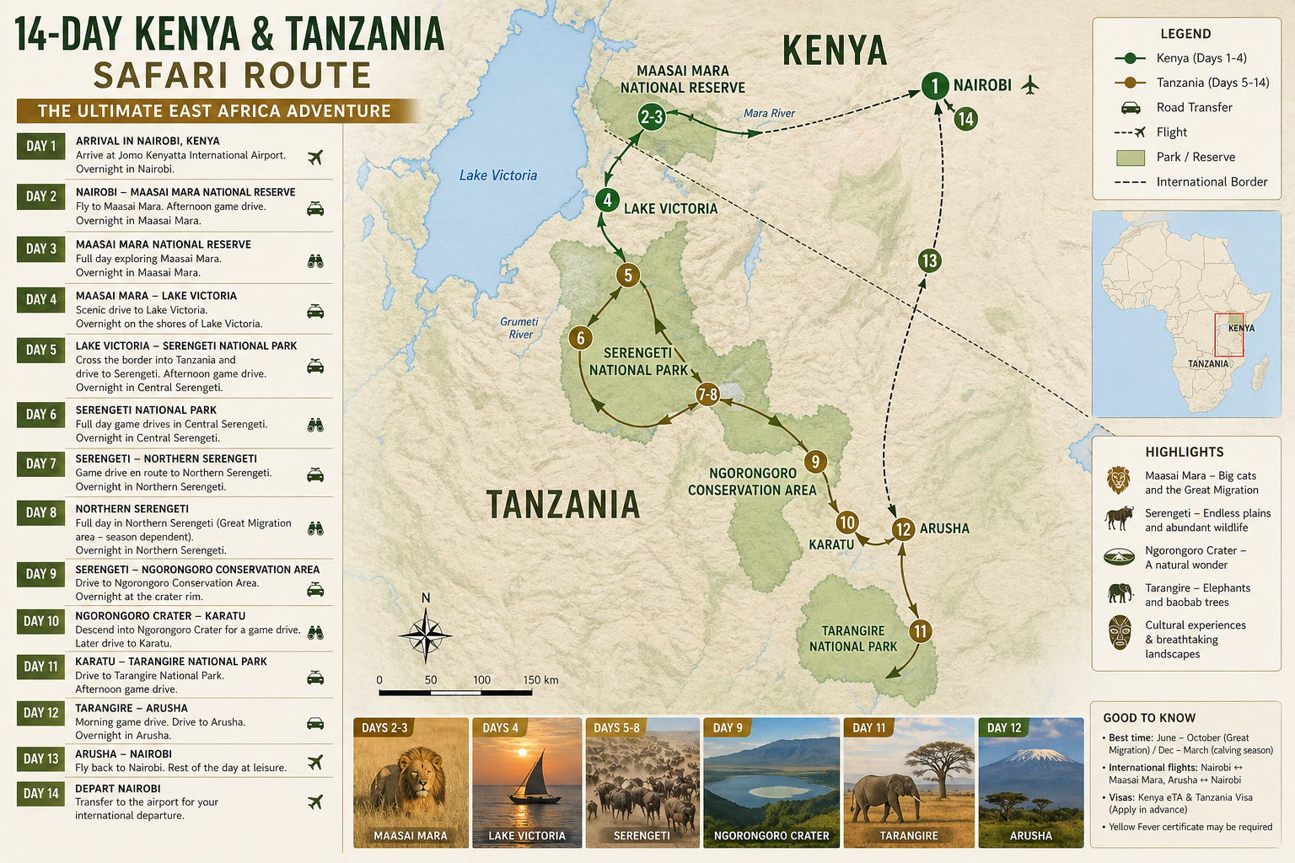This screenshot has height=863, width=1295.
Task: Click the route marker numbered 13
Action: (x=929, y=260)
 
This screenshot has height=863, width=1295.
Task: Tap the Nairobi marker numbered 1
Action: (x=934, y=85)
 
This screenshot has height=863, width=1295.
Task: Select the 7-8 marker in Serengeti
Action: (x=707, y=394)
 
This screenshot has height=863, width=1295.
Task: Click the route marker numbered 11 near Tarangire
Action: (x=920, y=631)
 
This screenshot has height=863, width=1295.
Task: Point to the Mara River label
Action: (x=769, y=114)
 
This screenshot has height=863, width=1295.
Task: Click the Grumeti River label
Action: (x=519, y=328)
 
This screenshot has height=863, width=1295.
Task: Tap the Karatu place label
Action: (x=831, y=545)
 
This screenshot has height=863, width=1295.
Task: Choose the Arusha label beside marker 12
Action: (x=944, y=528)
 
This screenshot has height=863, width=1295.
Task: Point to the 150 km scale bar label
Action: (x=540, y=680)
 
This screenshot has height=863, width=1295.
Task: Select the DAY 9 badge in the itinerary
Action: (x=40, y=574)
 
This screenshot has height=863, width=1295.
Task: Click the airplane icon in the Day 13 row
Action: (x=315, y=762)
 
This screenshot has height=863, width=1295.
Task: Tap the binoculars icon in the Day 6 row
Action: (x=315, y=426)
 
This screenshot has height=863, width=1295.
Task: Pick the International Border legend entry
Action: (x=1212, y=182)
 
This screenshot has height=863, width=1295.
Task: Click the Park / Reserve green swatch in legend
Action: (x=1130, y=158)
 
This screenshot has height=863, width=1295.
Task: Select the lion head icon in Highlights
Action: (x=1119, y=480)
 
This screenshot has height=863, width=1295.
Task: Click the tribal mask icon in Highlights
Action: (x=1120, y=632)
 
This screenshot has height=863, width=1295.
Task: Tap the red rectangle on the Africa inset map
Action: (x=1228, y=335)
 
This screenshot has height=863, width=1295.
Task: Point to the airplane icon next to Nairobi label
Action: (x=1029, y=84)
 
